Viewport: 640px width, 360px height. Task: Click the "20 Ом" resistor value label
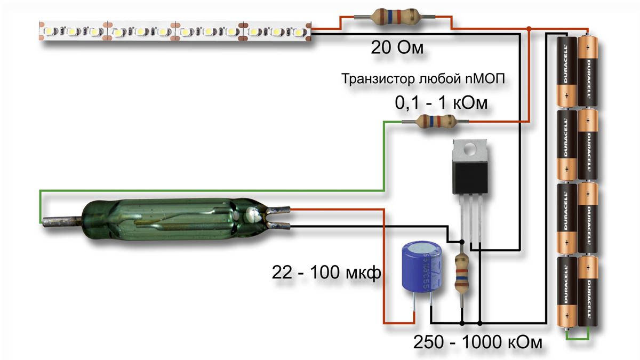click(397, 49)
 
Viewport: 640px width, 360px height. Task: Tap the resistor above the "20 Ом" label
click(395, 17)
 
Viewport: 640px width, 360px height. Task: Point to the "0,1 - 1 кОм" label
click(441, 102)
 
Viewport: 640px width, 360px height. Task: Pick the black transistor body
click(469, 177)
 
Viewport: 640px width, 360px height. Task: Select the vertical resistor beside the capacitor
click(462, 273)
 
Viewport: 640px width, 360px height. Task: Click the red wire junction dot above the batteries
click(528, 28)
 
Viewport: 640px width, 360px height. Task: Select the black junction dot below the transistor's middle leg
click(480, 323)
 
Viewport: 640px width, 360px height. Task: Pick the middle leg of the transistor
click(471, 219)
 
